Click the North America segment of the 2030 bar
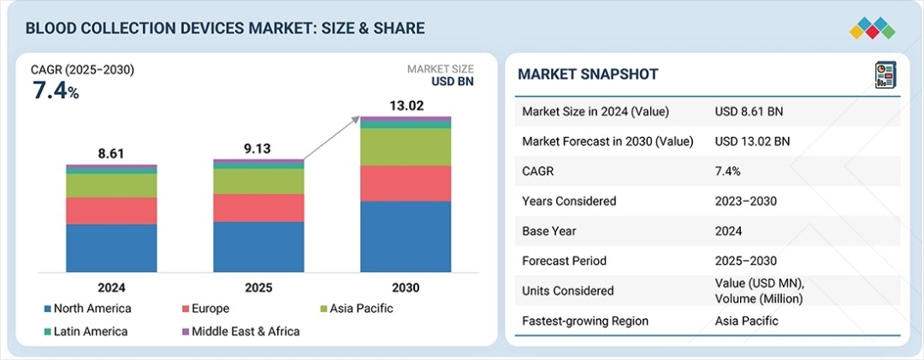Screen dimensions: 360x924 coord(406,236)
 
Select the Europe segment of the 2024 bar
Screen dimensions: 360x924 coord(111,211)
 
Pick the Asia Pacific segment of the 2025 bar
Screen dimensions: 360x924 coord(258,180)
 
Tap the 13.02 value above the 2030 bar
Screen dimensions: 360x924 coord(405,105)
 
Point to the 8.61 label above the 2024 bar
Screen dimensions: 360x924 coord(111,154)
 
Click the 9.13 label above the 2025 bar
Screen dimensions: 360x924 coord(258,149)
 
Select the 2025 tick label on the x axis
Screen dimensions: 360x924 coord(258,288)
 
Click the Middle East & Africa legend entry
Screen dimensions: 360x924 coord(240,331)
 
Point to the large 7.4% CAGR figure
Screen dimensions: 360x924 coord(56,91)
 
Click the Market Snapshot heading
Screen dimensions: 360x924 coord(588,74)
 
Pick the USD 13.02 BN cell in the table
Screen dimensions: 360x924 coord(752,141)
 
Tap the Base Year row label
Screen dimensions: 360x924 coord(548,231)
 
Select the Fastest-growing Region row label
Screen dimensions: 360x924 coord(584,321)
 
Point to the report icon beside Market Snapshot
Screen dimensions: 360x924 coord(884,75)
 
